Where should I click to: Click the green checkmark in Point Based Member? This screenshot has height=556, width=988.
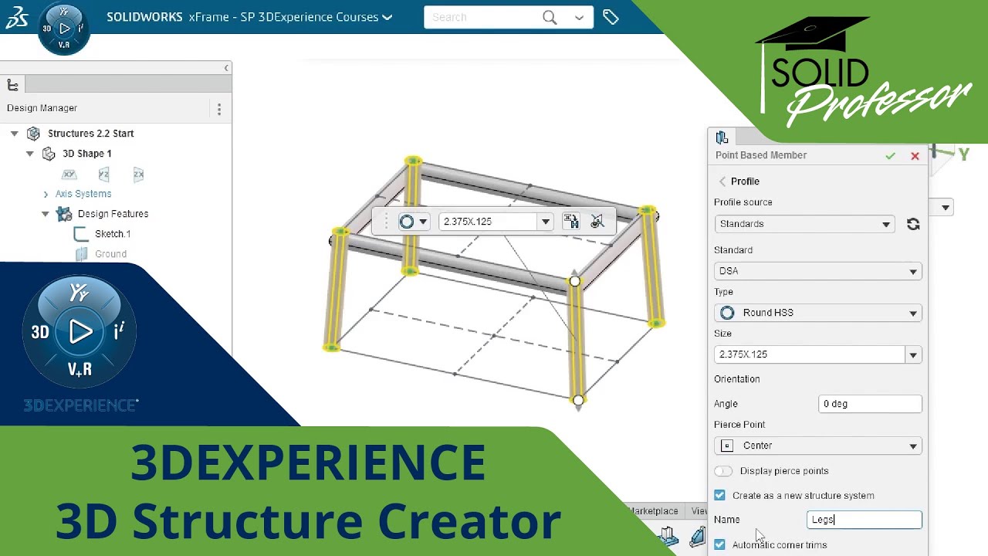click(x=890, y=156)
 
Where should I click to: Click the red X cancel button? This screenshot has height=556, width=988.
click(x=915, y=156)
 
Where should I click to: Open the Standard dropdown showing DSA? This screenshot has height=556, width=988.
click(x=817, y=271)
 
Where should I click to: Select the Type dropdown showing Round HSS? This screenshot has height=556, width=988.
click(x=817, y=313)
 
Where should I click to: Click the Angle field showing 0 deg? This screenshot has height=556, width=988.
click(x=870, y=404)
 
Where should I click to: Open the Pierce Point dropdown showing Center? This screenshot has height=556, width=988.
click(x=817, y=446)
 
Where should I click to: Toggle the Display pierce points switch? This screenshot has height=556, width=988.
click(x=723, y=471)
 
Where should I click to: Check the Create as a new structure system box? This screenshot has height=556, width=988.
click(x=720, y=495)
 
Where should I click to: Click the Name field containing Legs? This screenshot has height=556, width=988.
click(x=864, y=520)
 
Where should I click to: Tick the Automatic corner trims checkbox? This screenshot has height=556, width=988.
click(x=720, y=544)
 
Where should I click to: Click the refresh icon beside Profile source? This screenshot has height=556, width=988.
click(x=913, y=224)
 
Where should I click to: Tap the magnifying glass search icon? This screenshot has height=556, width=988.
click(x=550, y=17)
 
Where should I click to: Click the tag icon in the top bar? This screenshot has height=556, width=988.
click(x=611, y=17)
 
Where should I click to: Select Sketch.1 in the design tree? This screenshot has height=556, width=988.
click(x=113, y=234)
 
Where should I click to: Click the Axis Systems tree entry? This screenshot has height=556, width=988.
click(x=83, y=194)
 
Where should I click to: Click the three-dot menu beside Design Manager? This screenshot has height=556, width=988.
click(x=219, y=109)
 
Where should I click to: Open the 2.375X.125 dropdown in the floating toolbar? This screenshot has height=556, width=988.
click(x=545, y=222)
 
